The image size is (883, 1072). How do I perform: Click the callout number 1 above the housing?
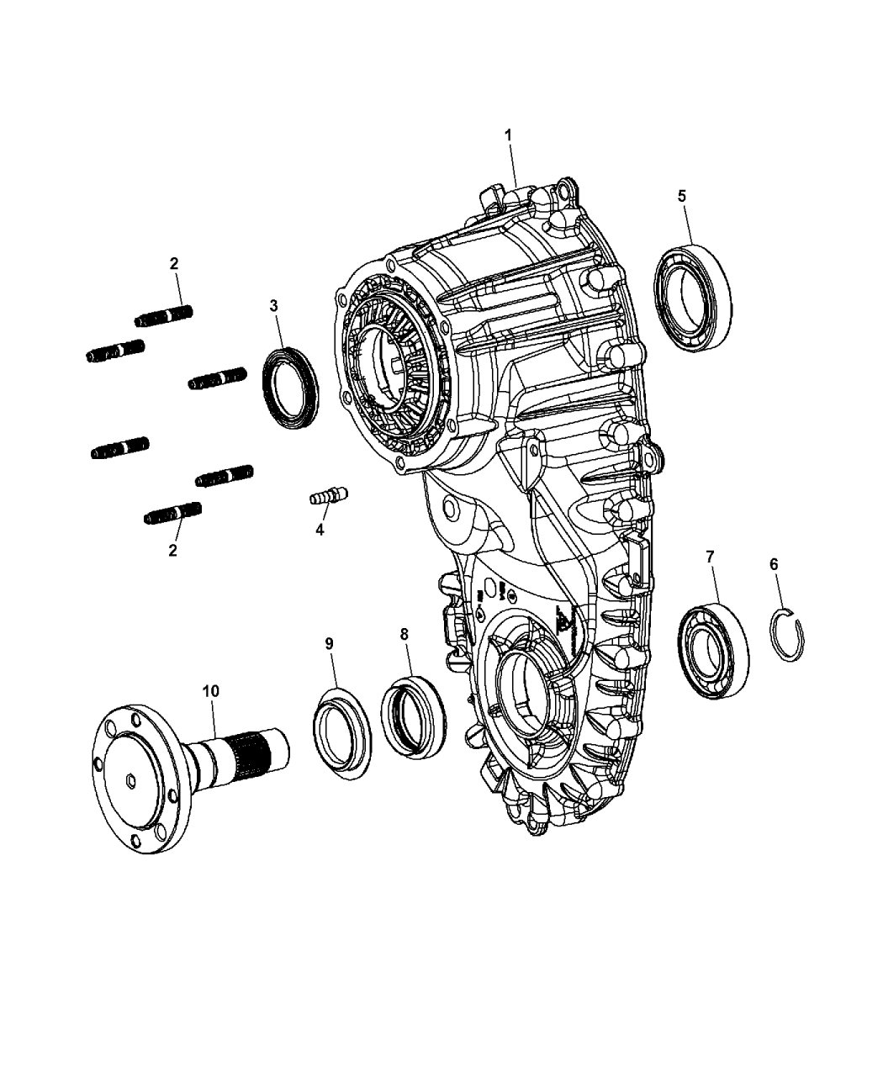click(x=508, y=135)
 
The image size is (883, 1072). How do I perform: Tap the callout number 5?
click(x=682, y=195)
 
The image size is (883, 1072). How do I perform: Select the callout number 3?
click(x=274, y=305)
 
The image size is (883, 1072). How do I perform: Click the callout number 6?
click(x=775, y=565)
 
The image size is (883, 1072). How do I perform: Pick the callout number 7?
click(x=711, y=556)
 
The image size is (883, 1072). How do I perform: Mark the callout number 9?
click(x=330, y=643)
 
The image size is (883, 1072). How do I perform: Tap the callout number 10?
click(x=210, y=690)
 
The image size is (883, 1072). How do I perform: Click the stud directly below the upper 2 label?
click(x=164, y=316)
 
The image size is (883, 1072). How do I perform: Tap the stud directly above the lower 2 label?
click(x=173, y=513)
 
